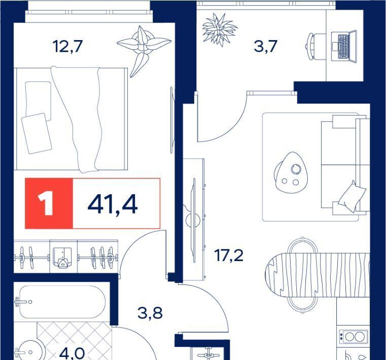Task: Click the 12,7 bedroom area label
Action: (67, 47)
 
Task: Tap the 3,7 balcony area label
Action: (266, 46)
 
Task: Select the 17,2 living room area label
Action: (229, 256)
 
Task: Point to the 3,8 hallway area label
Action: (150, 313)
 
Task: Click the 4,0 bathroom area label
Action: (72, 353)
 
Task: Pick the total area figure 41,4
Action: (113, 204)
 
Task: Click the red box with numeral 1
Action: (49, 203)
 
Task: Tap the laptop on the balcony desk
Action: (344, 46)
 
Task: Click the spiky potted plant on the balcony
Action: (219, 29)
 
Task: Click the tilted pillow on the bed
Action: (37, 134)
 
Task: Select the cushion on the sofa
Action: (353, 197)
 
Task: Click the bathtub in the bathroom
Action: (62, 302)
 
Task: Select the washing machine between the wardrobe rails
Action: (63, 257)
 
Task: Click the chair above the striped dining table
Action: (302, 245)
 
